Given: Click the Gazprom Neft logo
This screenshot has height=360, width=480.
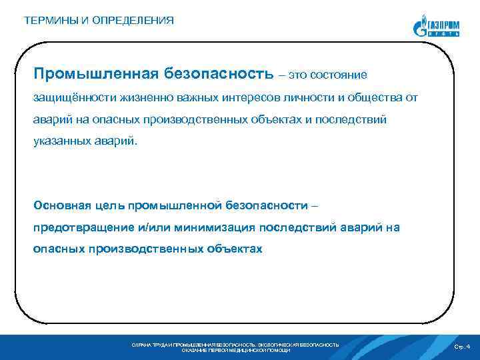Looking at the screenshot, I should [x=436, y=27].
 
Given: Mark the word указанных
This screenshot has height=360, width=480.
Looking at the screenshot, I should [x=61, y=142].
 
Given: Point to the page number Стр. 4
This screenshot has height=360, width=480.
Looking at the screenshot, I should [x=461, y=347].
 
